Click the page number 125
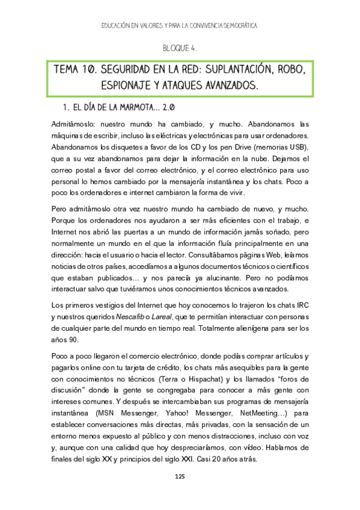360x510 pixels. click(179, 476)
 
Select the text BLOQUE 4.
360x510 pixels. click(180, 47)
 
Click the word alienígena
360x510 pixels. click(249, 328)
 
